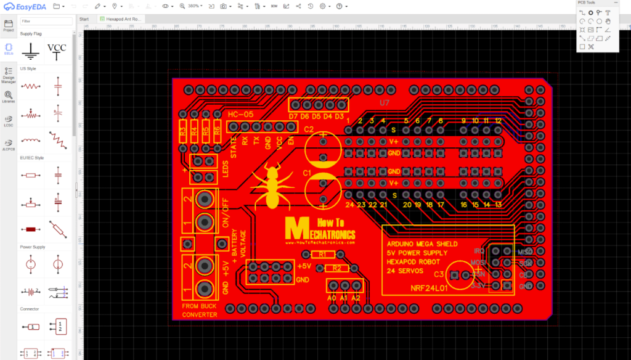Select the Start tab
[x=84, y=19]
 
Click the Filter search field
[x=47, y=21]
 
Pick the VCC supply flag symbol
[x=57, y=51]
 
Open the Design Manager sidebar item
[x=9, y=75]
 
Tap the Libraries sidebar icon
[x=9, y=97]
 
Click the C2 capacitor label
[x=309, y=129]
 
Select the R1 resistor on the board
[x=323, y=254]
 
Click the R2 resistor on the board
[x=336, y=268]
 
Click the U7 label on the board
[x=385, y=102]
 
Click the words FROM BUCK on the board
[x=199, y=306]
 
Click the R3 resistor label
[x=182, y=131]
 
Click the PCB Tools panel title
[x=586, y=3]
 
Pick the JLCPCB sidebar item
[x=9, y=144]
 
